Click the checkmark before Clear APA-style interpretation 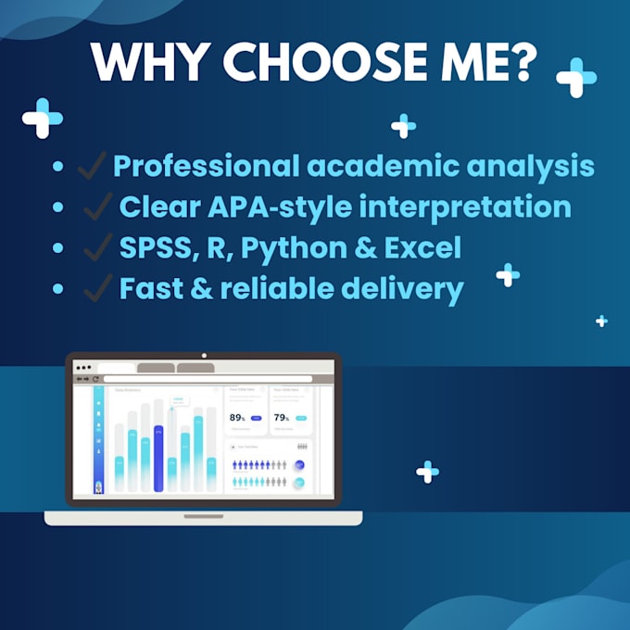pos(98,208)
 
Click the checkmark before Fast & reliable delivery pos(98,289)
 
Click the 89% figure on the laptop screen pos(238,418)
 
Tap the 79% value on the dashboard pos(282,418)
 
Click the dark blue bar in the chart pos(158,459)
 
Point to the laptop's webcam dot pos(204,356)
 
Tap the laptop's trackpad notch pos(204,516)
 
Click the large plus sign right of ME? pos(575,78)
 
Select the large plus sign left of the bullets pos(43,118)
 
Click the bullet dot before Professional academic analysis pos(58,168)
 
